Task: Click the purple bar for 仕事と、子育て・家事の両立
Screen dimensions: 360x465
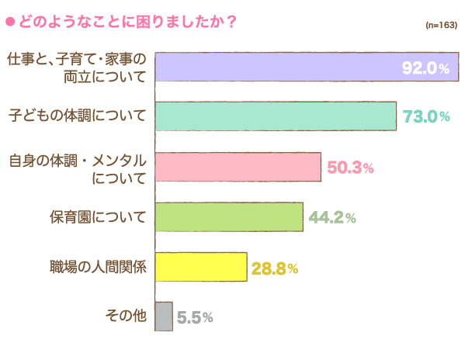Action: (279, 67)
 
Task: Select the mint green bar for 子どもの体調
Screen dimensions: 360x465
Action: (276, 116)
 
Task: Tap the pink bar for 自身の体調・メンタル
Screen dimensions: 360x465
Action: (238, 167)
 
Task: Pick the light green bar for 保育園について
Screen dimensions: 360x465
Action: (229, 217)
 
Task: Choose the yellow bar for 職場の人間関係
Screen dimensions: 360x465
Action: (201, 267)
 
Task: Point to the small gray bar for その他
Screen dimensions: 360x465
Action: (164, 317)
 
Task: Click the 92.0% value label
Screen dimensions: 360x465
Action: (425, 68)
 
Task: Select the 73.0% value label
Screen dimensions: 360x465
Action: (426, 117)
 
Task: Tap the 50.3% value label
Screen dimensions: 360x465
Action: (350, 168)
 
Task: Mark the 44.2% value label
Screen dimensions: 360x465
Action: (332, 218)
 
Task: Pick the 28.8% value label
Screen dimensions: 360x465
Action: (275, 268)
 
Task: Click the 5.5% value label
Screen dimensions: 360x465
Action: (194, 317)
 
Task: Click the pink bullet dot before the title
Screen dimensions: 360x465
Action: (9, 21)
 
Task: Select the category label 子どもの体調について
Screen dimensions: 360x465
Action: (77, 116)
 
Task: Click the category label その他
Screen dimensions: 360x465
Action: (125, 317)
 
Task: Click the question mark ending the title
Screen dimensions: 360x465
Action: (231, 21)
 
